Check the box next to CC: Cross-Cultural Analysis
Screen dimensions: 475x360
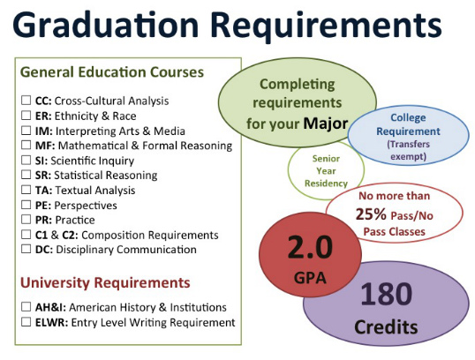26,101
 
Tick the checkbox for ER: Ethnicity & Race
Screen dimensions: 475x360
26,116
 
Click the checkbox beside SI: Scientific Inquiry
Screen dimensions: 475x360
26,160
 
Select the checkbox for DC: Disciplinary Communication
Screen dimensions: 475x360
26,249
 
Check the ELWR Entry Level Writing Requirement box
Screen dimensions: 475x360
26,321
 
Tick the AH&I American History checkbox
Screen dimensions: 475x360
26,307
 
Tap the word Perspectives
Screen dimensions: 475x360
86,206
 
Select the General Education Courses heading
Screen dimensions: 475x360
112,72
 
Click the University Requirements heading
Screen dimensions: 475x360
105,282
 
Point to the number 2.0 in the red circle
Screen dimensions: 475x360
310,247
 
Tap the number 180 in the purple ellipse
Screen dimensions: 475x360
386,293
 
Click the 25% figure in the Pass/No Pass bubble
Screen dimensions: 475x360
371,214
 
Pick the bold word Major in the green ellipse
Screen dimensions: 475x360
326,124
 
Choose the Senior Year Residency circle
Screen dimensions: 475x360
326,171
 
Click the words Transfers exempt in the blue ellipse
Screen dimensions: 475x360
409,151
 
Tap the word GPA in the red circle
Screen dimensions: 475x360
310,278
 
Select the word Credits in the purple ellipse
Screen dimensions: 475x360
386,327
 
